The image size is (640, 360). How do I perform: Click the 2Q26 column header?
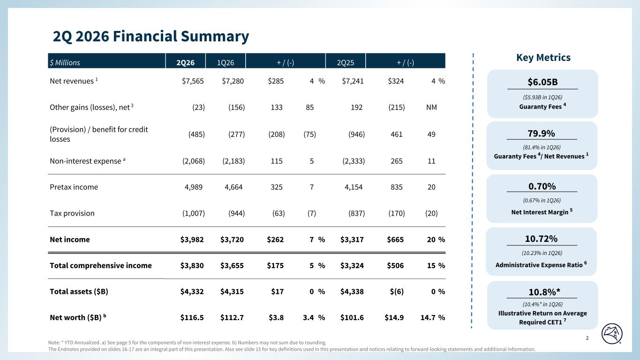pos(185,62)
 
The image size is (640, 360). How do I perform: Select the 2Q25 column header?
pos(345,62)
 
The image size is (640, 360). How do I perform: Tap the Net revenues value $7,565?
pos(193,81)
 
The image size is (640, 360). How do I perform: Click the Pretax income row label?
pos(74,187)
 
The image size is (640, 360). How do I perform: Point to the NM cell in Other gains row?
pos(431,107)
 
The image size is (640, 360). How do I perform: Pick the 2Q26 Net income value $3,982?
pos(192,240)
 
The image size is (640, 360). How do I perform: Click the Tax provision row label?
pos(72,213)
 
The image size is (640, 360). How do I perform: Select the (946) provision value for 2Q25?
pos(356,134)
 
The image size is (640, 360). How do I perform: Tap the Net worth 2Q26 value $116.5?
pos(192,317)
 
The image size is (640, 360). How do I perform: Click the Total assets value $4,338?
pos(352,292)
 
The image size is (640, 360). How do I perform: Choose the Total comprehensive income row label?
pos(100,265)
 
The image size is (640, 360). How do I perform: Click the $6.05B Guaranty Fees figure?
pos(542,82)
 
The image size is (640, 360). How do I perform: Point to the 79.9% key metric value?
pos(542,134)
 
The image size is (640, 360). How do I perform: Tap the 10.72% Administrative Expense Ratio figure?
pos(541,239)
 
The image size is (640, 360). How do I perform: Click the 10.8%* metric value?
pos(544,292)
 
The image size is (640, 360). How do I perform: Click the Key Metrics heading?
pos(543,58)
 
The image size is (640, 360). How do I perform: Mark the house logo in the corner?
pos(612,334)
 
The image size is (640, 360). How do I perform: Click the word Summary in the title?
pos(215,37)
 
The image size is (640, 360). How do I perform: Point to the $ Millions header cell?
pos(65,62)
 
